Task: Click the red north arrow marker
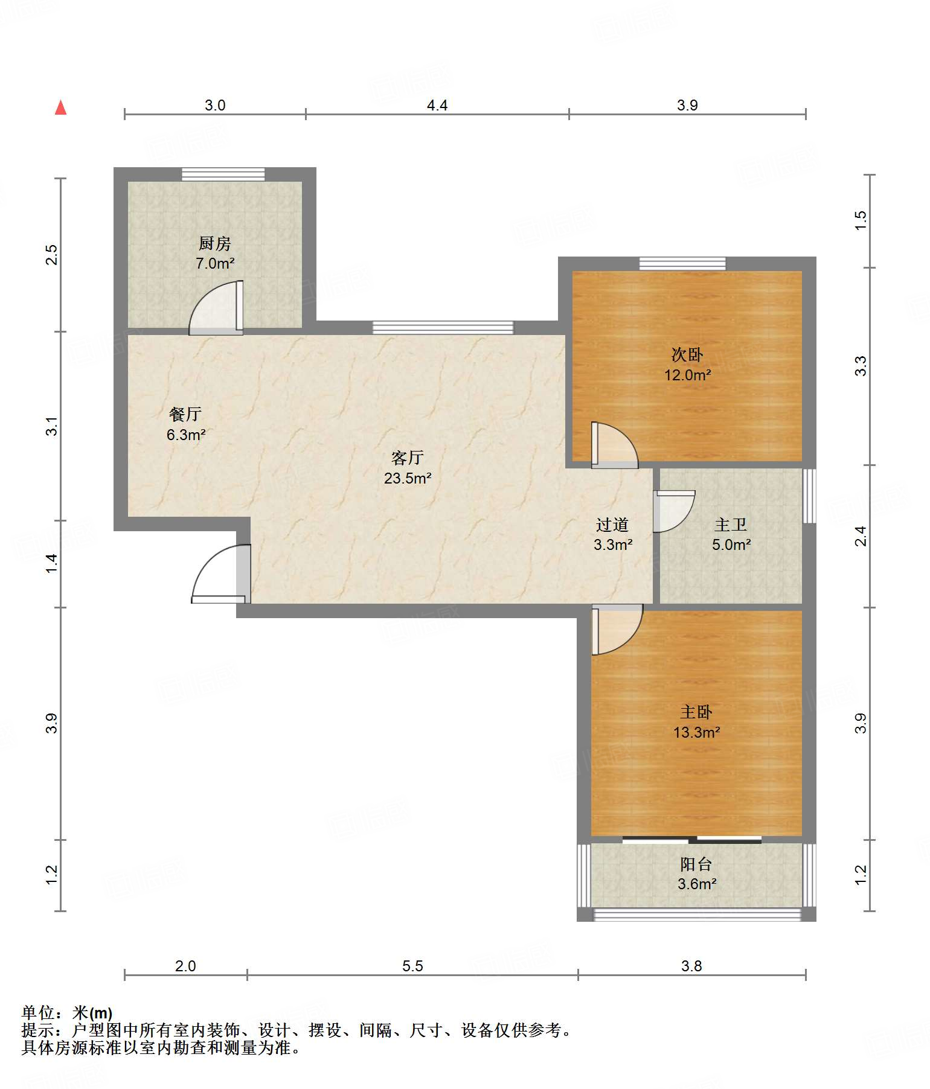tap(60, 107)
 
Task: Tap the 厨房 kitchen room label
tap(215, 243)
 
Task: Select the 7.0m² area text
tap(215, 263)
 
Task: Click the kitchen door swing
tap(216, 308)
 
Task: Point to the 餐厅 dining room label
tap(185, 414)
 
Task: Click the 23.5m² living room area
tap(408, 478)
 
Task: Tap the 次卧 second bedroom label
tap(687, 355)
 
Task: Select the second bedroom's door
tap(615, 445)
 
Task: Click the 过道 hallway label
tap(612, 525)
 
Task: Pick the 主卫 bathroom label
tap(731, 525)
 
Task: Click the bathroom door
tap(674, 511)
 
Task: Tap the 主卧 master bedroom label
tap(696, 712)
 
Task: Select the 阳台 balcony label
tap(696, 864)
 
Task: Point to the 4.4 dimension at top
tap(437, 105)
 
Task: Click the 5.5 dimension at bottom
tap(412, 966)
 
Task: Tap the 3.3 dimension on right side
tap(861, 366)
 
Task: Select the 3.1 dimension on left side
tap(53, 426)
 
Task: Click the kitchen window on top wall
tap(223, 174)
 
